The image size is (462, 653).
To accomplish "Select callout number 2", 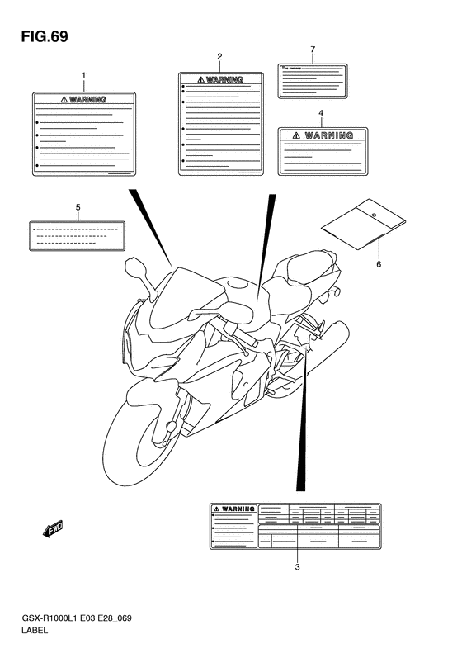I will click(x=219, y=56).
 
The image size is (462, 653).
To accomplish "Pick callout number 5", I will click(x=77, y=206).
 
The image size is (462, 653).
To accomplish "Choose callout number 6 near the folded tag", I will click(x=379, y=264).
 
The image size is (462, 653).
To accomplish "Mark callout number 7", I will click(x=313, y=50).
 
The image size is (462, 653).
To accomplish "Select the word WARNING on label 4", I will click(x=328, y=135).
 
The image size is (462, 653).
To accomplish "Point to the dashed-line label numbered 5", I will click(x=77, y=234).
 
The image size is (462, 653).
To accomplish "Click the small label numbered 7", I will click(x=313, y=79).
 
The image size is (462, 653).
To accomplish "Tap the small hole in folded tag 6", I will click(x=373, y=215).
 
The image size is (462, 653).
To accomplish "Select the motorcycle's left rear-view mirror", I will click(x=134, y=267).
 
